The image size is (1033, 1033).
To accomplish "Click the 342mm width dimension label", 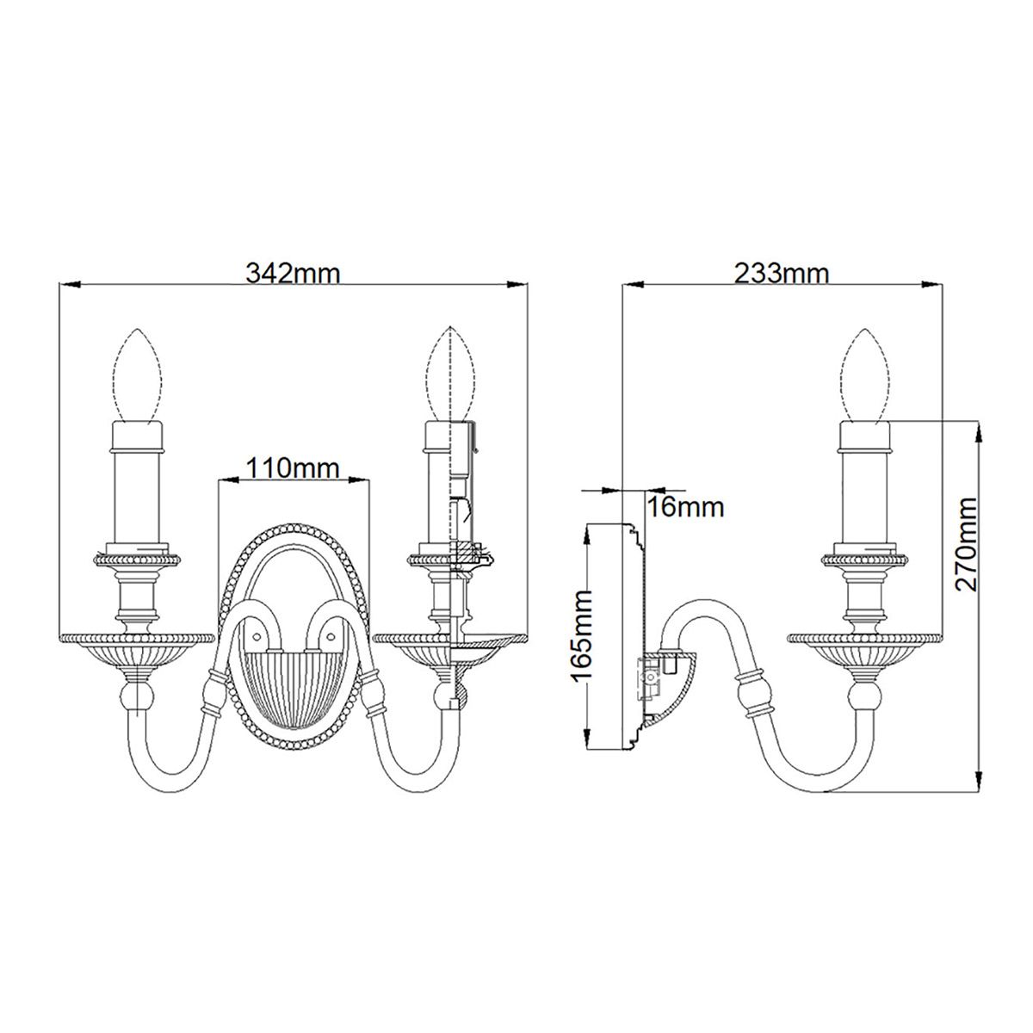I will (x=293, y=273).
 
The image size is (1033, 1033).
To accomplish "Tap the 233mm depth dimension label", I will (x=781, y=273).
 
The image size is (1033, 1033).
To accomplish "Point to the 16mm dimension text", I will (x=685, y=506).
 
